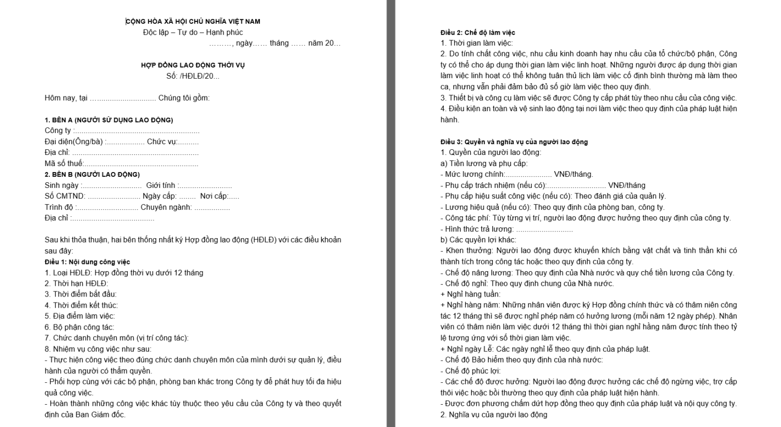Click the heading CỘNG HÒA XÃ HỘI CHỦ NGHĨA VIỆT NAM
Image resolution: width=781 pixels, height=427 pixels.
(x=193, y=21)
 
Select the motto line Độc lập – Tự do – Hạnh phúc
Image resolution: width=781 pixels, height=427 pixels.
(x=193, y=32)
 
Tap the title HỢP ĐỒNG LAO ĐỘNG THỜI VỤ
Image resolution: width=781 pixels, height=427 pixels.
(x=193, y=65)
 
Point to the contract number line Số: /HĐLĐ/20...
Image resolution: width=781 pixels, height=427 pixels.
(x=193, y=76)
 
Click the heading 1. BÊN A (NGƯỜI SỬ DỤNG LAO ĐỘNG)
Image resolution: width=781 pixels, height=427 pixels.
(x=109, y=120)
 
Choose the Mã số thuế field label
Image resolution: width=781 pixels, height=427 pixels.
(x=64, y=163)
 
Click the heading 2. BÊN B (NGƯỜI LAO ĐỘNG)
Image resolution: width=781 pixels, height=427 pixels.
(x=92, y=174)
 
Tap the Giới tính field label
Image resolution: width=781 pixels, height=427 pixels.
(x=161, y=185)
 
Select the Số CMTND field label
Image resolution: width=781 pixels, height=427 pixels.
(x=65, y=196)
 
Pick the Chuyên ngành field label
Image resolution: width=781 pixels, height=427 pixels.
(x=166, y=207)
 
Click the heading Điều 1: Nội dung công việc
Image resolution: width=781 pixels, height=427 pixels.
(x=87, y=262)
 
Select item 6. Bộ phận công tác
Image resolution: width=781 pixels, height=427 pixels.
(x=79, y=327)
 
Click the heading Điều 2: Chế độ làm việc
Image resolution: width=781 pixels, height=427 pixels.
(x=478, y=32)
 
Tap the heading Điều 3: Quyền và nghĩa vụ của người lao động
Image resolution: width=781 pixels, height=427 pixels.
(x=514, y=142)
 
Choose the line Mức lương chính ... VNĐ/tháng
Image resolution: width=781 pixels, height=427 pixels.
(x=517, y=174)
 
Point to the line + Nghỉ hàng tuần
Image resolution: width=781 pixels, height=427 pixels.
(x=470, y=294)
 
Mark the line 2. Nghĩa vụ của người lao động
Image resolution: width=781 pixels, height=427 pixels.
(x=494, y=414)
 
